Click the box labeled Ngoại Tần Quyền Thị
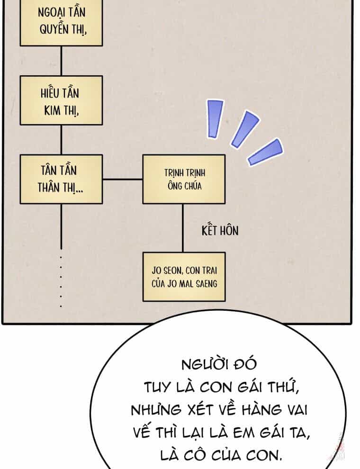pos(61,23)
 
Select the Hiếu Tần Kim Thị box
pos(61,100)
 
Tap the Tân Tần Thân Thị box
pos(61,180)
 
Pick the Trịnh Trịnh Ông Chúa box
pos(184,180)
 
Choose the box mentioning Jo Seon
pos(184,277)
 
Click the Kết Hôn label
pos(220,231)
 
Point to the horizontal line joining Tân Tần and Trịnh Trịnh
pos(123,180)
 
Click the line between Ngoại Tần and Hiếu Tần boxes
pos(61,61)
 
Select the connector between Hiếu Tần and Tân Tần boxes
pos(61,140)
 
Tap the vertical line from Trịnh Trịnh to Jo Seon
pos(183,228)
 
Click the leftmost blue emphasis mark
pos(215,119)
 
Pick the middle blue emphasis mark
pos(244,129)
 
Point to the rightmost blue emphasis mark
pos(266,152)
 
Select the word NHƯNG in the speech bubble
pos(156,410)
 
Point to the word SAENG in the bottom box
pos(207,284)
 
